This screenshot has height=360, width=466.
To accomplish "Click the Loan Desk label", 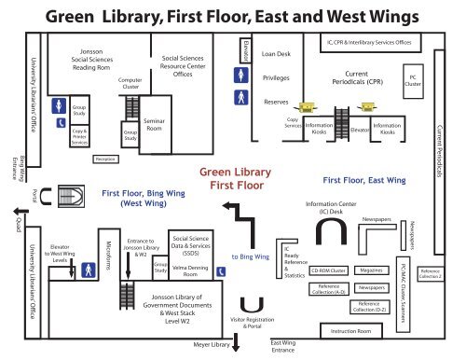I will (281, 54).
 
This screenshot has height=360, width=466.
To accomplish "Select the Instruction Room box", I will (344, 331).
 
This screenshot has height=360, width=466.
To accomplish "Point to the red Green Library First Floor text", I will (233, 177).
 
